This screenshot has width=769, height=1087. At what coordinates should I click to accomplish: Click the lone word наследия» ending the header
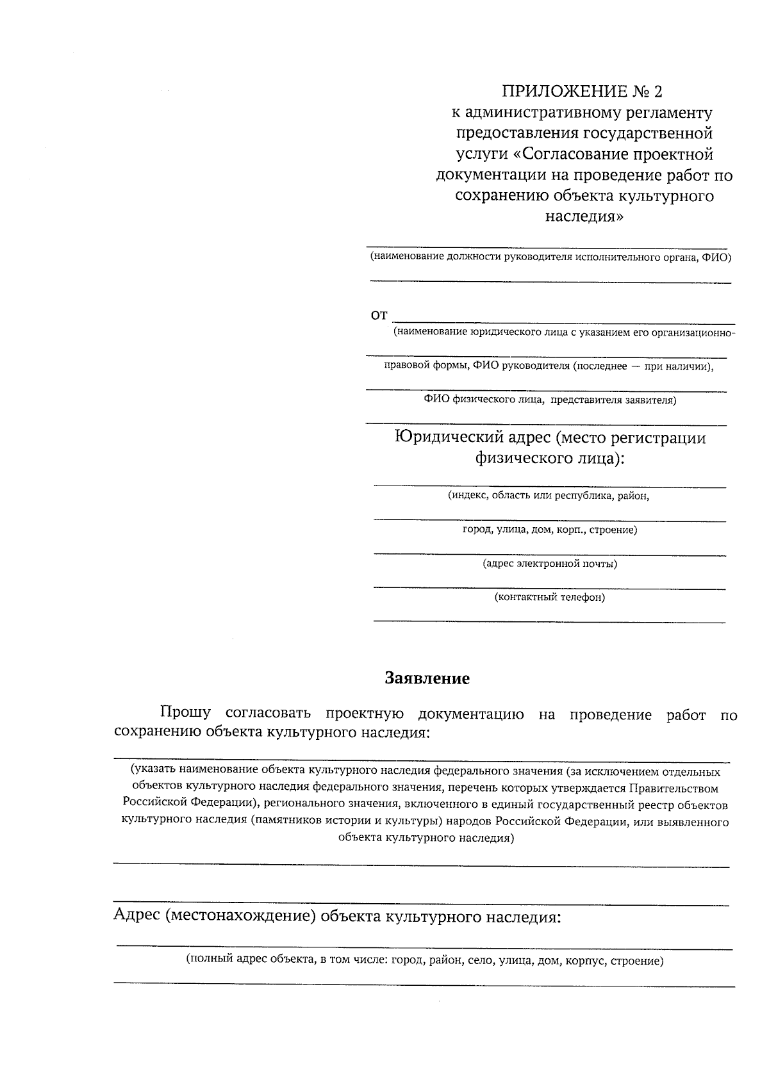584,217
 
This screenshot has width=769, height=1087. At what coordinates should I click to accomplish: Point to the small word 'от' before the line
379,315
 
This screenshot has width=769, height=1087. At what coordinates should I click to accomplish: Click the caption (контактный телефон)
549,598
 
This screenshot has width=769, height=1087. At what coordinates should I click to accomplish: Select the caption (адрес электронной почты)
550,564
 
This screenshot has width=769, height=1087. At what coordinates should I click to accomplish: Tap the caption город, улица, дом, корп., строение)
549,530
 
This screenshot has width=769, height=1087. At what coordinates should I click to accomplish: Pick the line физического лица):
549,459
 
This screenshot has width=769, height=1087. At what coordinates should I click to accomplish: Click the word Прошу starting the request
185,714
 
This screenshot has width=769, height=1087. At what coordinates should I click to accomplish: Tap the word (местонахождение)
240,917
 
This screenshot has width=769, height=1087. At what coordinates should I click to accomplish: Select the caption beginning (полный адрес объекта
424,961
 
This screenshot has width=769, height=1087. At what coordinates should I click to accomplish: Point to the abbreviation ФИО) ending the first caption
716,257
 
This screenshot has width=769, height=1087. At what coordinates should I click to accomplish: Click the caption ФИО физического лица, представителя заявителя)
549,401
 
